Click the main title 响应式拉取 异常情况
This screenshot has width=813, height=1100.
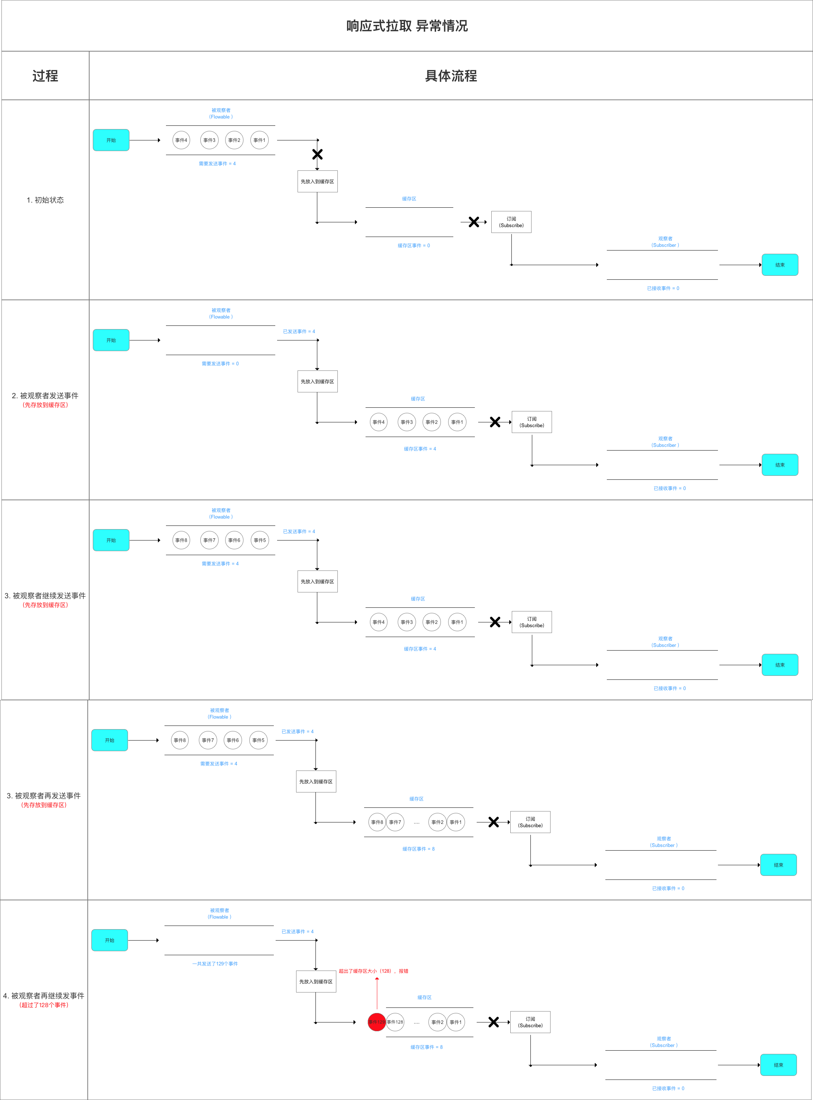406,26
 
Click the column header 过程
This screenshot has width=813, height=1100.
45,76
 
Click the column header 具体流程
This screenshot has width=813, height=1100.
451,76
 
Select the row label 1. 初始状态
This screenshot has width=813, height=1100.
45,200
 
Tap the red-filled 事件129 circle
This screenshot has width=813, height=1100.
377,1022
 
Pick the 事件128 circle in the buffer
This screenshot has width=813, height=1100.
395,1022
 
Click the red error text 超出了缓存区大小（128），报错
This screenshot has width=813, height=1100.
374,971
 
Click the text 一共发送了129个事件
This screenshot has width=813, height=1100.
215,964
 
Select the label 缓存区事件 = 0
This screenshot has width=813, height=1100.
413,246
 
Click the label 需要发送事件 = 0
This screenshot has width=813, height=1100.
220,364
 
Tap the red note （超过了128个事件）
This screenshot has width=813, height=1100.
44,1005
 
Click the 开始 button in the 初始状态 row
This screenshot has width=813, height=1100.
111,140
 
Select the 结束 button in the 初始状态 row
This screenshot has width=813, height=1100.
779,265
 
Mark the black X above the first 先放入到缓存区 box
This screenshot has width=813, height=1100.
317,155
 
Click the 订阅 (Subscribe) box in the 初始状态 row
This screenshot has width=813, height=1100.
511,222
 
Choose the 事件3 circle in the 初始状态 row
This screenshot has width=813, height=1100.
209,140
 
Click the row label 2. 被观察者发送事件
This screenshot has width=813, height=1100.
45,396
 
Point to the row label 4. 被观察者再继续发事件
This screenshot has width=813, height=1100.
44,996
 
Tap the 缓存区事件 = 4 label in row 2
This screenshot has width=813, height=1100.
420,449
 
